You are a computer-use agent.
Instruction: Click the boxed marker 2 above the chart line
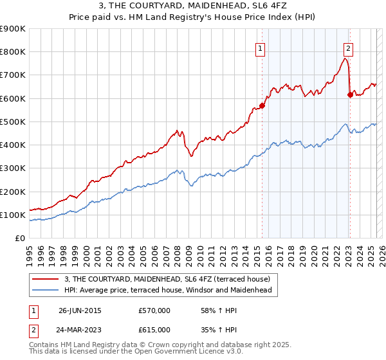click(x=348, y=47)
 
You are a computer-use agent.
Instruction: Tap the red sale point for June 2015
click(x=262, y=105)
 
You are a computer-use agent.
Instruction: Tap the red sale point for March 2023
click(x=350, y=94)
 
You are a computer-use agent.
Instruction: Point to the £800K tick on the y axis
click(x=12, y=52)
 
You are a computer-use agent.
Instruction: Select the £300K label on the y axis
click(x=12, y=168)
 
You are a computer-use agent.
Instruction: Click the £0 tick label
click(x=19, y=238)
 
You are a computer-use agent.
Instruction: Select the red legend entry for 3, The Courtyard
click(x=170, y=278)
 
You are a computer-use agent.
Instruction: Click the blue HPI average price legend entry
click(x=167, y=290)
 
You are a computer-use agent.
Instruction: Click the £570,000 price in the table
click(x=154, y=310)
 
